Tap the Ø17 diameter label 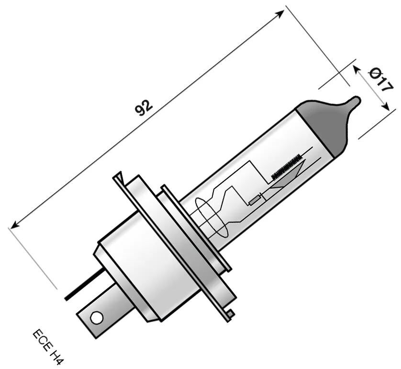[x=381, y=80]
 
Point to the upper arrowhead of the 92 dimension [x=281, y=13]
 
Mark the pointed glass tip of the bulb [x=355, y=102]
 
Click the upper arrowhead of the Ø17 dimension [x=356, y=69]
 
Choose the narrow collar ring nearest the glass [x=196, y=225]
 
